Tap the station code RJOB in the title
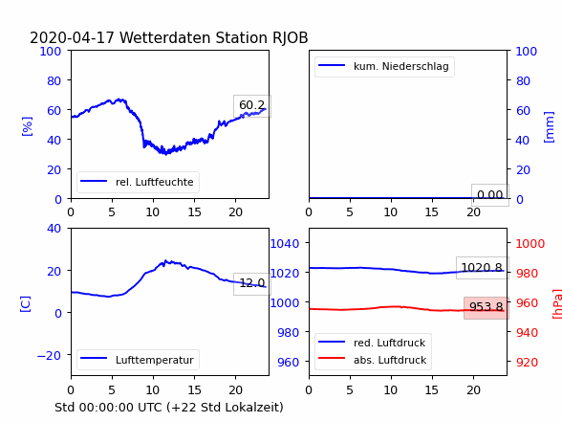(x=290, y=38)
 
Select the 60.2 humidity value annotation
(x=252, y=105)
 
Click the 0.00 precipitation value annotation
(x=490, y=195)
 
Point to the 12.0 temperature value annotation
(x=252, y=283)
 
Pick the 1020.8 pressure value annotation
(x=482, y=268)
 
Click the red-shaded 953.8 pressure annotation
(x=486, y=307)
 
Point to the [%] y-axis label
(x=27, y=126)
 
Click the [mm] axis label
(x=549, y=127)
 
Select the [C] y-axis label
(x=26, y=304)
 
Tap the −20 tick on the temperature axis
(x=49, y=356)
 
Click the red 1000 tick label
(x=530, y=244)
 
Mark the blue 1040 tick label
(x=285, y=244)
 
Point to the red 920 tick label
(x=527, y=363)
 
